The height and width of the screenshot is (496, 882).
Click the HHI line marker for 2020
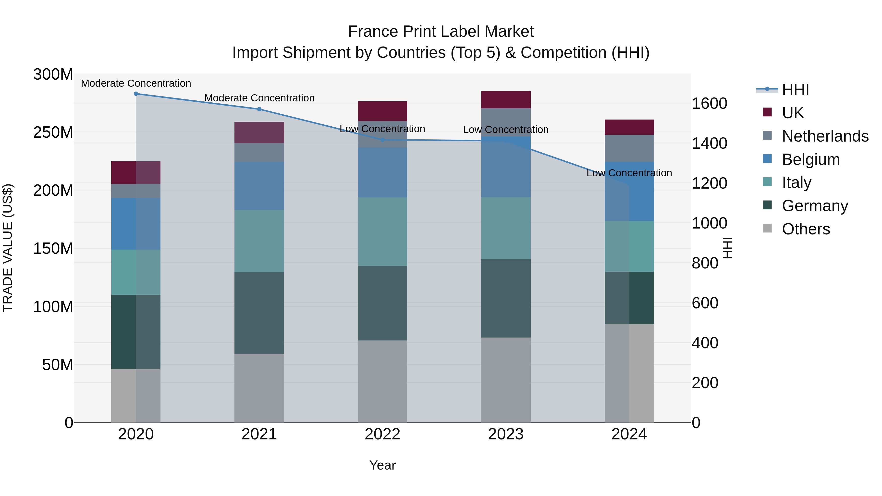(136, 94)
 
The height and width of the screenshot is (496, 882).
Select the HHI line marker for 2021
(259, 109)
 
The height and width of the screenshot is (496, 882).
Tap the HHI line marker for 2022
(382, 140)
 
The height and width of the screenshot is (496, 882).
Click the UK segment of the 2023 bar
(506, 100)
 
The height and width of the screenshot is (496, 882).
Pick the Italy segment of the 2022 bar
(382, 231)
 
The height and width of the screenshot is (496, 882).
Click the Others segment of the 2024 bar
(629, 373)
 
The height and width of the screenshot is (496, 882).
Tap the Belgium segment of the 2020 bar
(136, 224)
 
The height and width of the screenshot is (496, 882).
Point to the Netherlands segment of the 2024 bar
(629, 148)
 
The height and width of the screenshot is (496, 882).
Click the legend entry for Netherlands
(825, 136)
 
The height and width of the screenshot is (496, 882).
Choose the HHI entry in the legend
(795, 90)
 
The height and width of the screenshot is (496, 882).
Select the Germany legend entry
(815, 206)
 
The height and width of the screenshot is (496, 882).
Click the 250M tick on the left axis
(53, 132)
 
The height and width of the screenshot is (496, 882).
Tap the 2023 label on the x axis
(506, 434)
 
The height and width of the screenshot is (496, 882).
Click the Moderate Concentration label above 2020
(136, 83)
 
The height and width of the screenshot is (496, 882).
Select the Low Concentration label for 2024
(629, 173)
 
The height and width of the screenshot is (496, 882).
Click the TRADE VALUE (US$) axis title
(8, 248)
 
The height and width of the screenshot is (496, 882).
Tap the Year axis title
(382, 465)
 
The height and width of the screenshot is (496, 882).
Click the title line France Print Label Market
(441, 32)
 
